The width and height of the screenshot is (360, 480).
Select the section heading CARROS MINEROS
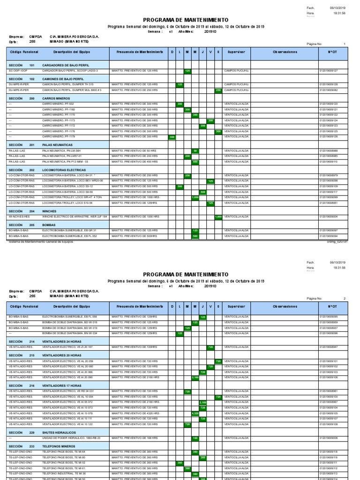pyautogui.click(x=56, y=99)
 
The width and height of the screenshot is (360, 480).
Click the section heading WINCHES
pyautogui.click(x=49, y=211)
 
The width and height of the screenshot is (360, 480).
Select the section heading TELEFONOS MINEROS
pyautogui.click(x=59, y=446)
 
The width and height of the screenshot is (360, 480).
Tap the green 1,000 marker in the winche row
pyautogui.click(x=218, y=217)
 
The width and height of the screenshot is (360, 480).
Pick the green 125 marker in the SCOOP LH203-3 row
pyautogui.click(x=187, y=71)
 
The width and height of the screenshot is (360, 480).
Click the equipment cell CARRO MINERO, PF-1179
pyautogui.click(x=59, y=137)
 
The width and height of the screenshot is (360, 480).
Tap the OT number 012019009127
pyautogui.click(x=328, y=71)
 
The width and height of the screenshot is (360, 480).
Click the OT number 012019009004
pyautogui.click(x=328, y=217)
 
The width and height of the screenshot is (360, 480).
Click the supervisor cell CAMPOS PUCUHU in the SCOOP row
pyautogui.click(x=236, y=71)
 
